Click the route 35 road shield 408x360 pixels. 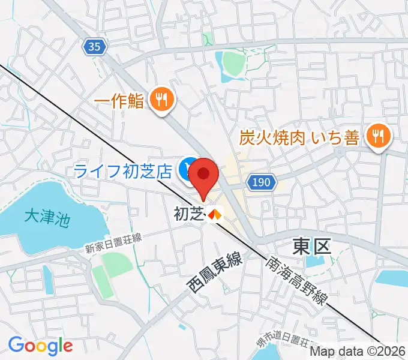(x=94, y=47)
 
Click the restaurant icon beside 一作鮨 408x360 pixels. (x=161, y=100)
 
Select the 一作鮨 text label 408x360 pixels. (x=119, y=101)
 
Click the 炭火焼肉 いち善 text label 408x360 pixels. (x=299, y=138)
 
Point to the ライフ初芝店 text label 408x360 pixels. (x=124, y=170)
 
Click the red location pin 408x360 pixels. (x=204, y=175)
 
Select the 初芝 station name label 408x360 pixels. (x=189, y=213)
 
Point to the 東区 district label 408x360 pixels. (x=311, y=246)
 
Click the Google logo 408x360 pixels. (x=40, y=345)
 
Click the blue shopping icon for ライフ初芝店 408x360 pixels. (x=187, y=170)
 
